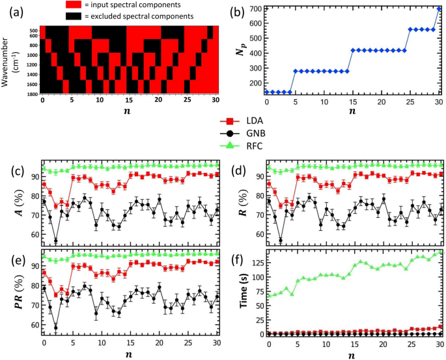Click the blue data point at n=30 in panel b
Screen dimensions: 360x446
point(439,9)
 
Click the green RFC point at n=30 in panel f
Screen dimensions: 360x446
point(439,252)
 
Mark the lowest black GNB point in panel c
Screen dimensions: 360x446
point(55,241)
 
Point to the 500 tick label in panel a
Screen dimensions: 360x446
point(33,30)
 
